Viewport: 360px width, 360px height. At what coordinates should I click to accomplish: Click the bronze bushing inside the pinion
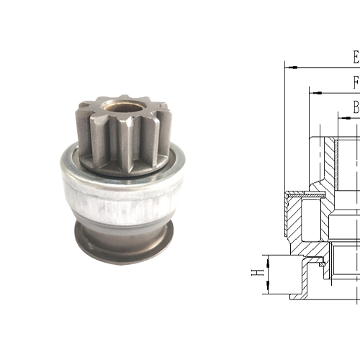coord(117,107)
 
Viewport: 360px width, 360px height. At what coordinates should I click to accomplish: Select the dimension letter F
coord(356,81)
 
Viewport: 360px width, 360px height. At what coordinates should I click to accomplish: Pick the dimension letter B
coord(356,107)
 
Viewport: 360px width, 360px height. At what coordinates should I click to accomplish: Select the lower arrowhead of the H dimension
coord(266,289)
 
